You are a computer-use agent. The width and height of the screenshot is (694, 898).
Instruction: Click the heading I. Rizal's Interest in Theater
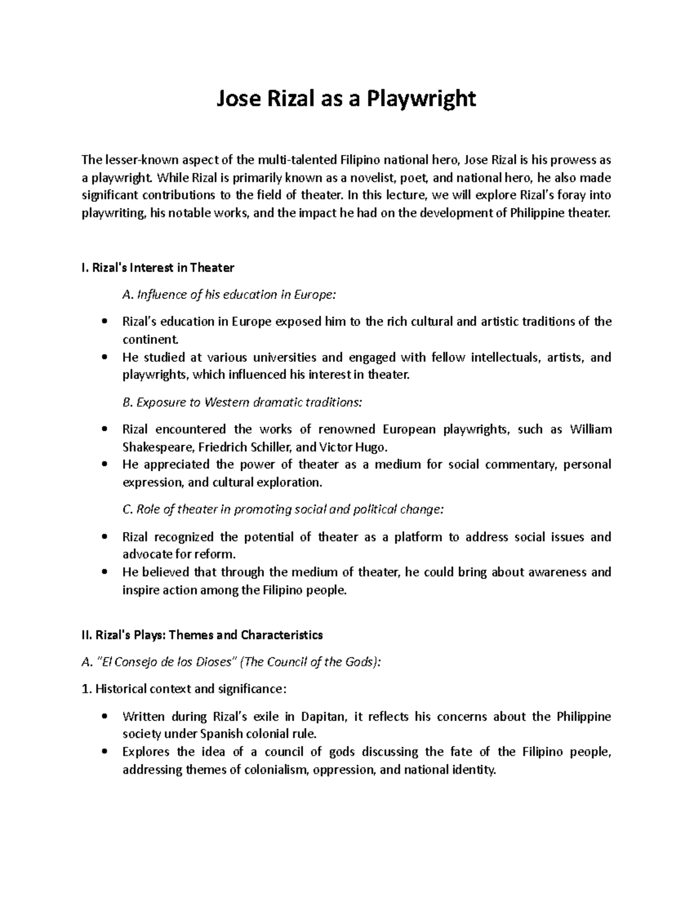(x=158, y=268)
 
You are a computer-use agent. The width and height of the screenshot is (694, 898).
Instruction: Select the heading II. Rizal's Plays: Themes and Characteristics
(x=202, y=635)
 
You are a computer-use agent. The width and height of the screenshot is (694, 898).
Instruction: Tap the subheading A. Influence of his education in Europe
(x=228, y=295)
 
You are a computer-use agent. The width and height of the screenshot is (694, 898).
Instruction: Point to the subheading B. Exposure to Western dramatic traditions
(x=245, y=402)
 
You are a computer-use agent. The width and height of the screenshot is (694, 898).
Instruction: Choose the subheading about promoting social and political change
(x=283, y=509)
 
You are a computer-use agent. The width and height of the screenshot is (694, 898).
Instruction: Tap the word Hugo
(x=367, y=447)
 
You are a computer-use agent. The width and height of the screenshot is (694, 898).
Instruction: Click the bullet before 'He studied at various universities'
(x=104, y=357)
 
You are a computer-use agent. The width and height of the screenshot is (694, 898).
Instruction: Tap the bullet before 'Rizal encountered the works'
(x=104, y=429)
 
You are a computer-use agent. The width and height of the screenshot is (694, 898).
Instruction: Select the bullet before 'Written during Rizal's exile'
(x=104, y=717)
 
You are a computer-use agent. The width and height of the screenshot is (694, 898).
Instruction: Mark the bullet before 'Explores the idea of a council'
(x=104, y=752)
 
